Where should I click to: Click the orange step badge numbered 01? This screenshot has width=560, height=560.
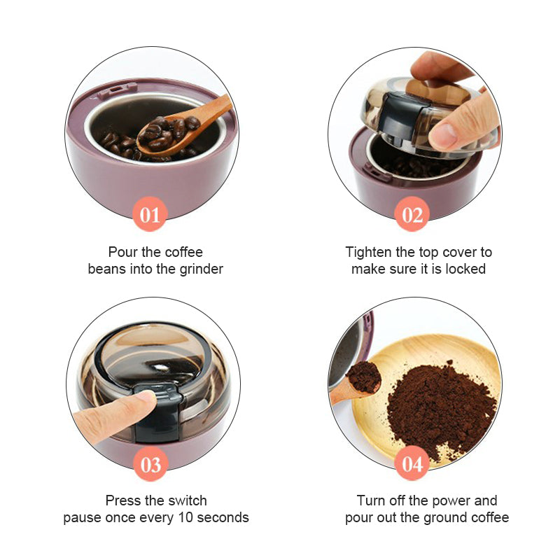150,215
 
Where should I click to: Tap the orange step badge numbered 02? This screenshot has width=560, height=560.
412,215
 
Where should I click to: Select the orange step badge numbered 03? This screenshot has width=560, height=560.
150,464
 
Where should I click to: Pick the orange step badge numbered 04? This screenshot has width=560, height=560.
412,464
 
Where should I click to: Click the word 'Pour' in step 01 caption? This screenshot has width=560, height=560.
121,252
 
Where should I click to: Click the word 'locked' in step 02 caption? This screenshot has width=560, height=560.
465,269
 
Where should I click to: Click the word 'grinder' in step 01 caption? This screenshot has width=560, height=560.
199,269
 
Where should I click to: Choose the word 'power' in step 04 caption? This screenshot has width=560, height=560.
454,500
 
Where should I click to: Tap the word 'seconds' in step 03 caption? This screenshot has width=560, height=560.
223,518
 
